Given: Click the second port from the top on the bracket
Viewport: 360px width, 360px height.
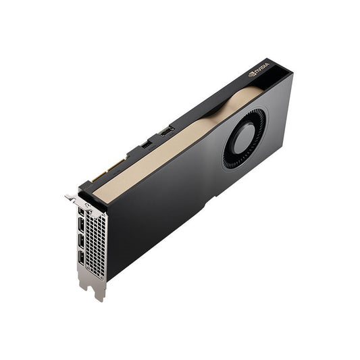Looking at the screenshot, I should (82, 224).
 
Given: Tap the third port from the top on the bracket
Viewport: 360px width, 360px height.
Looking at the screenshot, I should (82, 240).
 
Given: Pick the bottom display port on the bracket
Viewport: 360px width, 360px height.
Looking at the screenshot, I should (82, 257).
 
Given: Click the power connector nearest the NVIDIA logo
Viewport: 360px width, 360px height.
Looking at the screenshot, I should (166, 130).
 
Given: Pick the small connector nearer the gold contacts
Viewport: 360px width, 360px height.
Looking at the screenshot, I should (147, 144).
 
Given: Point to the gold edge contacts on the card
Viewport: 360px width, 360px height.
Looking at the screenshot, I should (108, 170).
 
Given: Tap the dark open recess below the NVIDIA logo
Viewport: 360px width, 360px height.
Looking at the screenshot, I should (274, 80).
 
